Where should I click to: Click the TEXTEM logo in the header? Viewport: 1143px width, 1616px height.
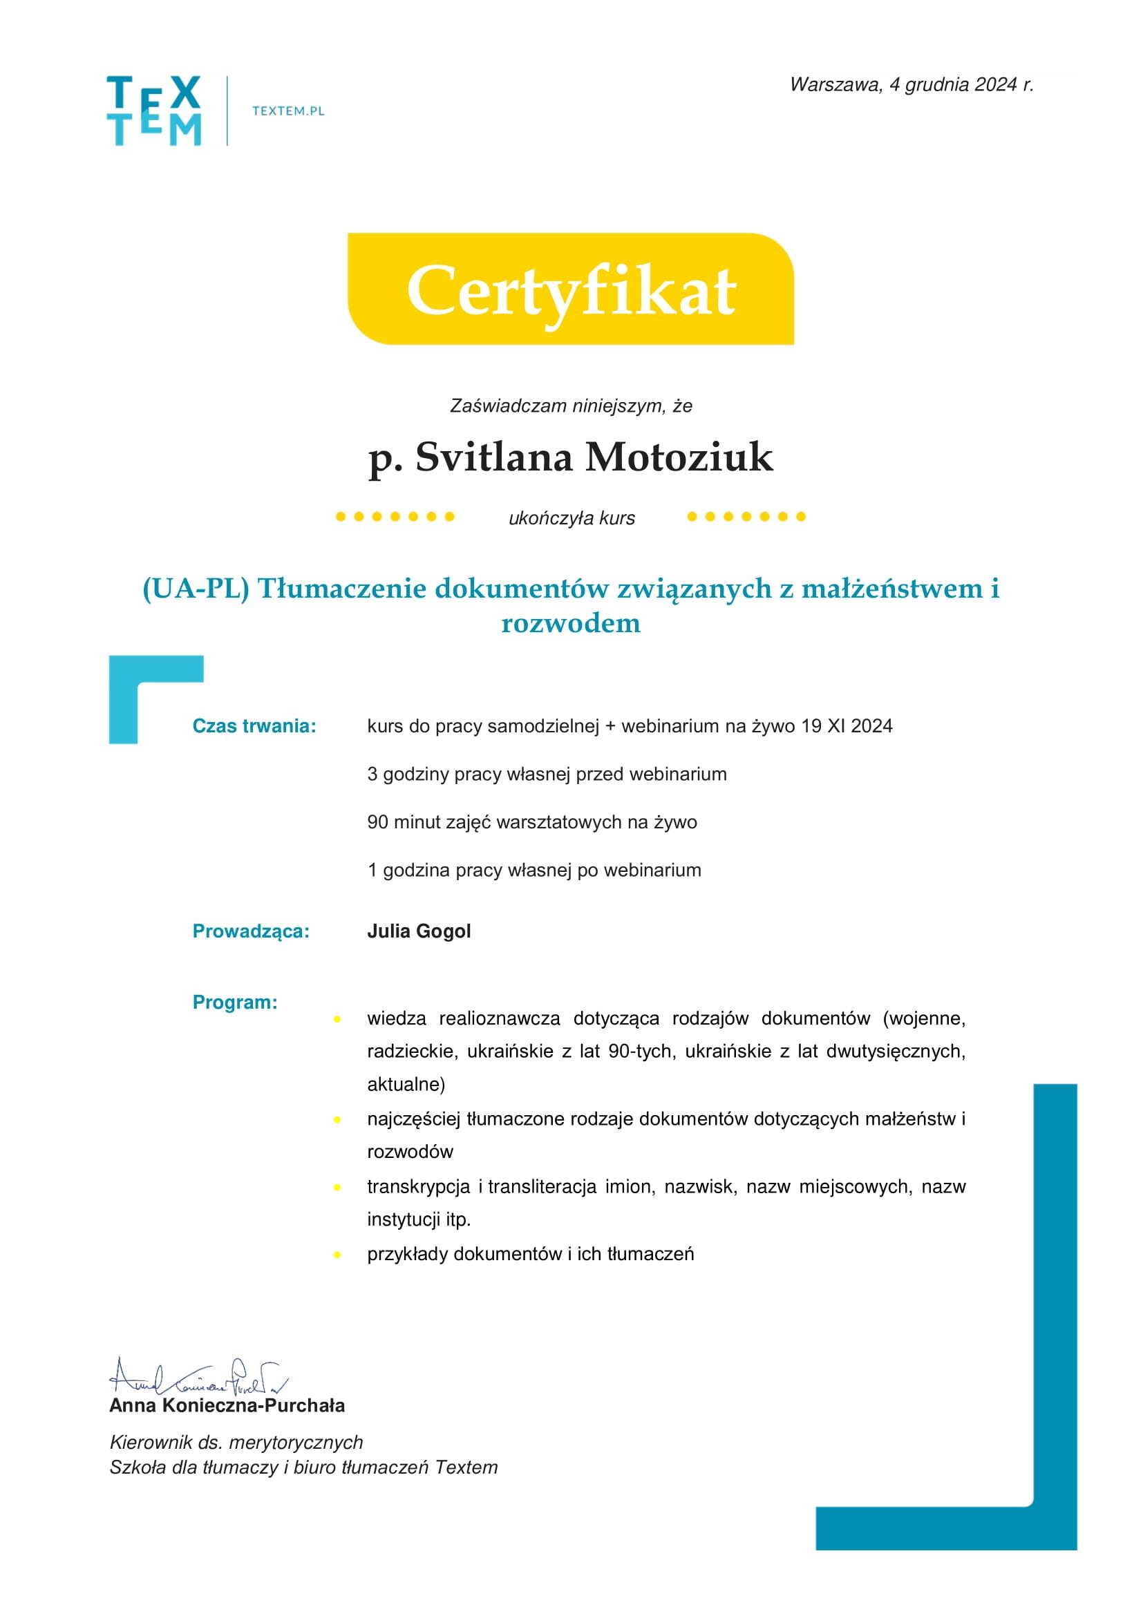click(154, 111)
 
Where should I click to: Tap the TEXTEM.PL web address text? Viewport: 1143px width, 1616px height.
click(288, 111)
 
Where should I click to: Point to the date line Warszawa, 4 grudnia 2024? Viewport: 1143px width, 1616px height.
click(911, 85)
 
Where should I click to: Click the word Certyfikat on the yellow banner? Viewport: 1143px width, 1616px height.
click(571, 291)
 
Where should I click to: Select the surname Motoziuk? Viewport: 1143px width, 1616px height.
click(679, 457)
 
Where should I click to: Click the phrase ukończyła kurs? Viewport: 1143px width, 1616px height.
click(571, 519)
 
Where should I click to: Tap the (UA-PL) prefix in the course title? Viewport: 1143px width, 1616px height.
click(196, 589)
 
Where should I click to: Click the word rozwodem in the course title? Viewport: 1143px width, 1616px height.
click(571, 623)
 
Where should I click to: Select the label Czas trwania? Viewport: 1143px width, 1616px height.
click(254, 725)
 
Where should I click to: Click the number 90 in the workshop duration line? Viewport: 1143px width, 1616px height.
click(377, 822)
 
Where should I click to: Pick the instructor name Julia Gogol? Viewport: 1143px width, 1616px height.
click(419, 931)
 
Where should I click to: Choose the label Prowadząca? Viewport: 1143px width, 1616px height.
click(251, 931)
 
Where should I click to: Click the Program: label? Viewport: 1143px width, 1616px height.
click(235, 1002)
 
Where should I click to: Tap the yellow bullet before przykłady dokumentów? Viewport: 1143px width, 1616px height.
click(338, 1254)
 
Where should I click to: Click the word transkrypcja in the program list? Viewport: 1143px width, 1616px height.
click(418, 1187)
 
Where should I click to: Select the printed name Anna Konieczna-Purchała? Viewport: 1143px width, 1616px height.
click(227, 1405)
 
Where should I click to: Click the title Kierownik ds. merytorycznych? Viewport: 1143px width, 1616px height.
click(236, 1442)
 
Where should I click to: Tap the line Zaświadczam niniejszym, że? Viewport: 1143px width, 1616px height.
click(571, 406)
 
